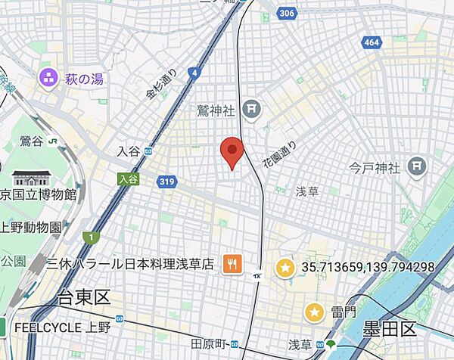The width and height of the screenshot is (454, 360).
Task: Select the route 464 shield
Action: (x=371, y=43)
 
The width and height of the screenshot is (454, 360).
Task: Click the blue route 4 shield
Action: (x=195, y=73)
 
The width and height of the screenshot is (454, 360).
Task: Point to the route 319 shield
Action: (x=168, y=182)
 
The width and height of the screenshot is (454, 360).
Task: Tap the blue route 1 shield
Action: (x=91, y=237)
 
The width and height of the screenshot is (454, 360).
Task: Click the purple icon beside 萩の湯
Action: (x=50, y=76)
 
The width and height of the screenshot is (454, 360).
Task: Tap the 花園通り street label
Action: (x=278, y=155)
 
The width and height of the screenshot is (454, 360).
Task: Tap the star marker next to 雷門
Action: (x=315, y=312)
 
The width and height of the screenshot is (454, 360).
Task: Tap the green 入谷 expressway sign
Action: (x=129, y=178)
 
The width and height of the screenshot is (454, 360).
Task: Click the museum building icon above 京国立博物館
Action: (x=32, y=178)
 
